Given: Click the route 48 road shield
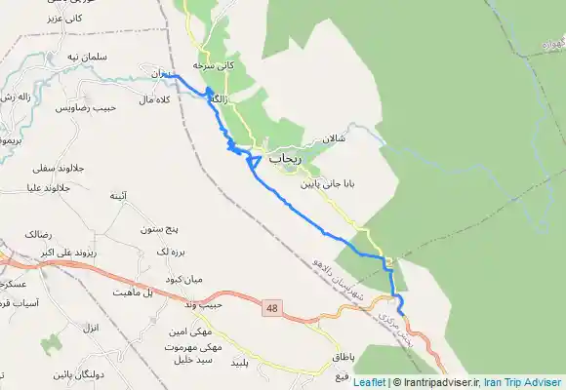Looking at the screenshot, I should coord(271,308).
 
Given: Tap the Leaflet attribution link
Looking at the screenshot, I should coord(369,382).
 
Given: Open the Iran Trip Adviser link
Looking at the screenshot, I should coord(528,382).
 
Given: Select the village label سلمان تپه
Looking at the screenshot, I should coord(66,57).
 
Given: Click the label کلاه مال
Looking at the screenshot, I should coord(156,99).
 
